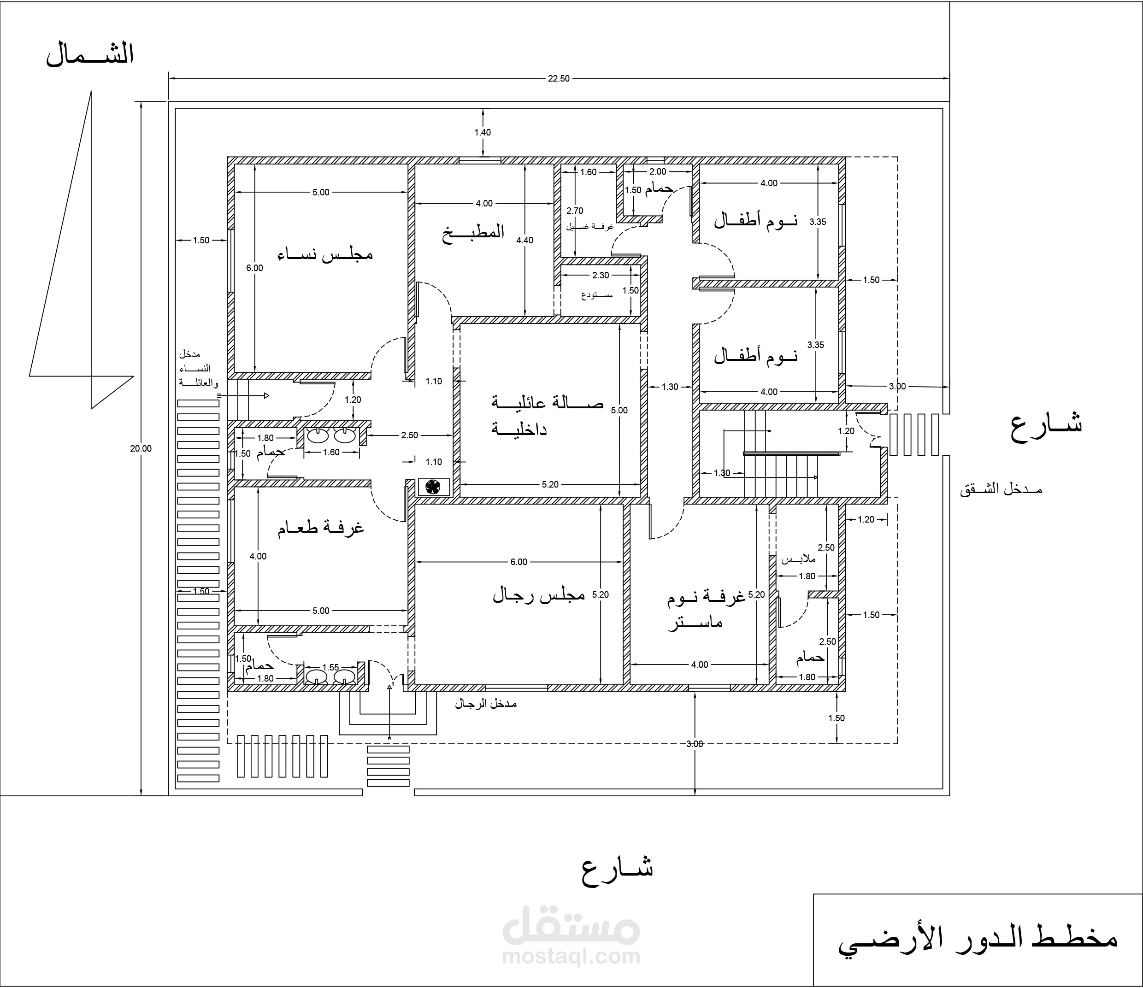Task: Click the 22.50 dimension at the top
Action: pyautogui.click(x=558, y=78)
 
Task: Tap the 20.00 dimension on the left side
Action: pyautogui.click(x=141, y=448)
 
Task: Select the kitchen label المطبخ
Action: pyautogui.click(x=473, y=232)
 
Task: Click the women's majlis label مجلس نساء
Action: pyautogui.click(x=325, y=254)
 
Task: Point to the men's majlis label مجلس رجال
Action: pyautogui.click(x=538, y=595)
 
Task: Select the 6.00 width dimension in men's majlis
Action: pyautogui.click(x=518, y=562)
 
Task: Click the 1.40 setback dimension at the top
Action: pyautogui.click(x=482, y=132)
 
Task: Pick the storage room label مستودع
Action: pyautogui.click(x=597, y=294)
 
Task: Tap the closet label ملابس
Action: pyautogui.click(x=798, y=559)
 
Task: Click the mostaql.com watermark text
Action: pyautogui.click(x=571, y=956)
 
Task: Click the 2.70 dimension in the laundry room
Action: pyautogui.click(x=575, y=211)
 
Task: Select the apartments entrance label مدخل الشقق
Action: pyautogui.click(x=1001, y=489)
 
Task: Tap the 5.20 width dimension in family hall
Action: pyautogui.click(x=550, y=484)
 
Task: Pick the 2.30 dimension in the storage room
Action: pyautogui.click(x=601, y=275)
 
